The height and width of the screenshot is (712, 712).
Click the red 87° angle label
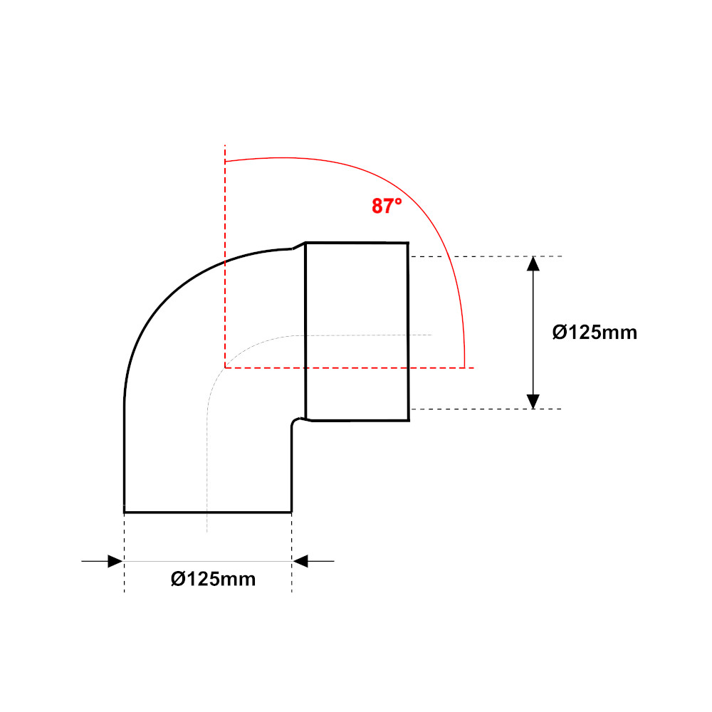point(387,206)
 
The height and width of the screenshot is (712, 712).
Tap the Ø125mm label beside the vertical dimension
point(595,333)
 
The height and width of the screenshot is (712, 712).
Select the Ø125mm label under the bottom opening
point(213,579)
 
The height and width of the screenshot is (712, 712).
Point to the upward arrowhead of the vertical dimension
point(533,264)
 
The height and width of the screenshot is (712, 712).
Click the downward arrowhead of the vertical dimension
point(533,402)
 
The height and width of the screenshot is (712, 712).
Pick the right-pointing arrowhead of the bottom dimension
point(115,561)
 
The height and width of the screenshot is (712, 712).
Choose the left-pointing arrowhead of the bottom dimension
point(300,561)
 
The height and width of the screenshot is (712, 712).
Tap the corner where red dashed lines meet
point(225,367)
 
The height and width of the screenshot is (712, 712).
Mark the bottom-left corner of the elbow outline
point(125,512)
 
